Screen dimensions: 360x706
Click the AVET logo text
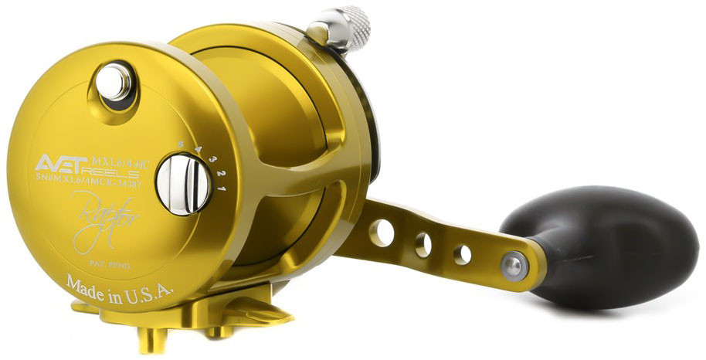63,163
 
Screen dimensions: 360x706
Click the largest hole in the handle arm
382,233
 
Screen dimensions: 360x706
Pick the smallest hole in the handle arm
462,254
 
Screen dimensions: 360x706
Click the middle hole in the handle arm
423,245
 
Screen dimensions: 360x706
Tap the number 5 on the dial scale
180,143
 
